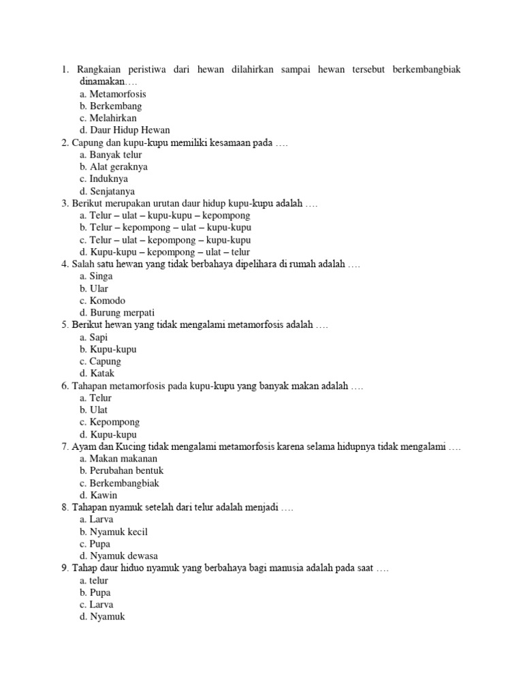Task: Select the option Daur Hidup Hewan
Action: [129, 130]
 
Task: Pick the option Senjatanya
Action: [112, 192]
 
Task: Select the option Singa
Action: [101, 277]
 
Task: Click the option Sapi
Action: [99, 337]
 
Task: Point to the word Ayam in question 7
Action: [84, 446]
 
